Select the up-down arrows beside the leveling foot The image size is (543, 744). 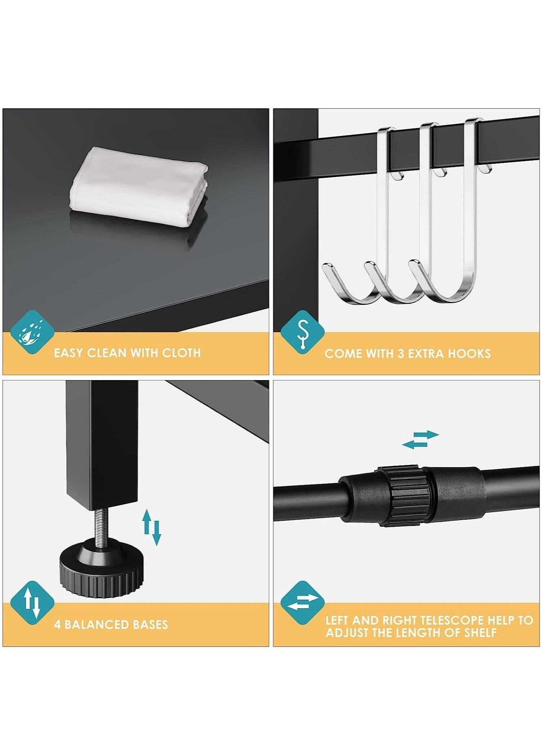pyautogui.click(x=151, y=527)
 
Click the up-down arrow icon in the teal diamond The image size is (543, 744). pyautogui.click(x=32, y=603)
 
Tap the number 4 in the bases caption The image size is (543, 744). pyautogui.click(x=57, y=624)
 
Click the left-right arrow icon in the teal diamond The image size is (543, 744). pyautogui.click(x=302, y=603)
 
